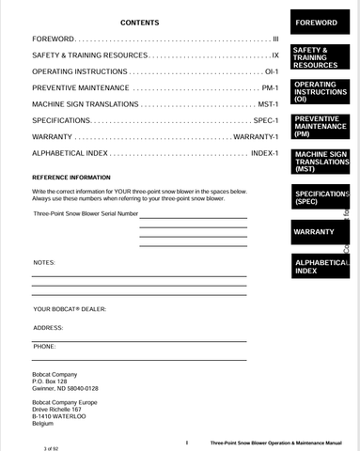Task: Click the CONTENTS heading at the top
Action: tap(140, 23)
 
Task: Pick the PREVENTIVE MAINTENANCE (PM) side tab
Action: tap(317, 127)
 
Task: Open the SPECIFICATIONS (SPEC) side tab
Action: tap(320, 197)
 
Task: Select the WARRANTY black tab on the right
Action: tap(314, 232)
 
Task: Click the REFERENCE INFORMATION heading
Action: tap(71, 178)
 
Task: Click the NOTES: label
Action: tap(44, 262)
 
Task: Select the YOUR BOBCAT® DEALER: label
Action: tap(70, 309)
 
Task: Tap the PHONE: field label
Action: tap(44, 347)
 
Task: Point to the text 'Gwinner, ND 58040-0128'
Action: tap(65, 388)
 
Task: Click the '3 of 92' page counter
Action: tap(45, 448)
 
